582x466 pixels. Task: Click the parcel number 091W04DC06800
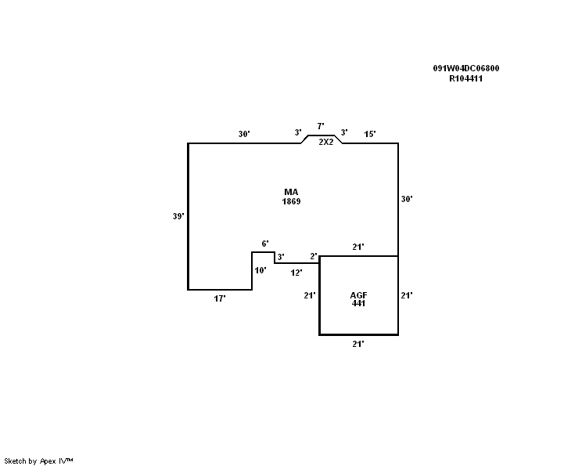pyautogui.click(x=466, y=68)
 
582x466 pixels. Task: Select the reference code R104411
pyautogui.click(x=465, y=78)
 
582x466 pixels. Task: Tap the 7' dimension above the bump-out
pyautogui.click(x=320, y=126)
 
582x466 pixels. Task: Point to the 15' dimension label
pyautogui.click(x=370, y=134)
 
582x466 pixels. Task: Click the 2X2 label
pyautogui.click(x=326, y=142)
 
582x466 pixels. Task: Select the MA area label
pyautogui.click(x=292, y=192)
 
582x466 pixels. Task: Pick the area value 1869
pyautogui.click(x=292, y=201)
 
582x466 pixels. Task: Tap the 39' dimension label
pyautogui.click(x=178, y=216)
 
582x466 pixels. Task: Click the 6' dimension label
pyautogui.click(x=265, y=244)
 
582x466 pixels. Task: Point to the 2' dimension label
pyautogui.click(x=313, y=256)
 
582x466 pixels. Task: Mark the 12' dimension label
pyautogui.click(x=296, y=273)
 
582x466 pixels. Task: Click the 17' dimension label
pyautogui.click(x=220, y=299)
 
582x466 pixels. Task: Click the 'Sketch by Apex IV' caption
pyautogui.click(x=38, y=461)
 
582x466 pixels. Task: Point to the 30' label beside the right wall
pyautogui.click(x=407, y=199)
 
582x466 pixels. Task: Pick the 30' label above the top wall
pyautogui.click(x=244, y=134)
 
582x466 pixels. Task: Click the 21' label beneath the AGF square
pyautogui.click(x=358, y=344)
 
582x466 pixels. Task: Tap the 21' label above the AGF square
pyautogui.click(x=358, y=247)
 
